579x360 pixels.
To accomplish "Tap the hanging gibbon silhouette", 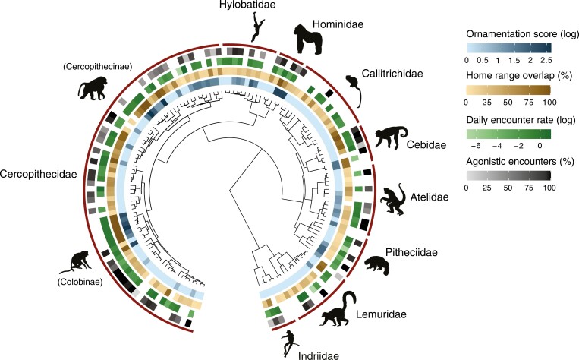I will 257,29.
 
